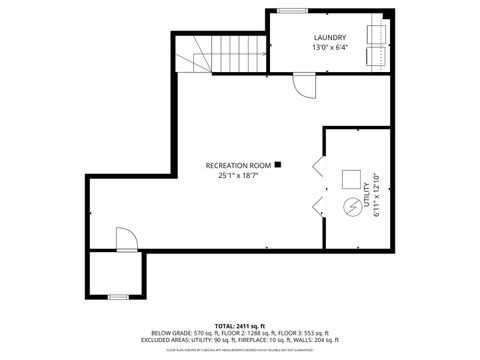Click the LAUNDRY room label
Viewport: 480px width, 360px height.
[329, 38]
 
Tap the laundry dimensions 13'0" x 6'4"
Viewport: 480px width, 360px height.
[329, 48]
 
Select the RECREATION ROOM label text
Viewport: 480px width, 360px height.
[238, 165]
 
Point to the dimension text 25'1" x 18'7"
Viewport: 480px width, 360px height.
[238, 175]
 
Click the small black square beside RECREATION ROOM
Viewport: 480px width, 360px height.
[278, 164]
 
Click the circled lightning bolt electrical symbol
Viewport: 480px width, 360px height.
[351, 207]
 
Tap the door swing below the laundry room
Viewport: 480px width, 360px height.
[303, 86]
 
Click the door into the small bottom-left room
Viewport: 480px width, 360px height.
[125, 238]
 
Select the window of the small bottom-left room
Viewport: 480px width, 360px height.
[118, 296]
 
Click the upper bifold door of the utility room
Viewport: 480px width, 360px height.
[318, 167]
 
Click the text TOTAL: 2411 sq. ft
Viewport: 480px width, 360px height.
[239, 326]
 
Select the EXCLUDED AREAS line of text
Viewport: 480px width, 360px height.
[239, 340]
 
